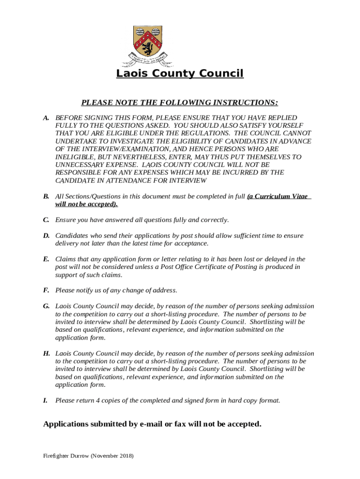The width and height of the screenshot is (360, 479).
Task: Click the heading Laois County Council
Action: pos(180,73)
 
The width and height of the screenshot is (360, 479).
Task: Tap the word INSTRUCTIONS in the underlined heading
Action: pos(243,102)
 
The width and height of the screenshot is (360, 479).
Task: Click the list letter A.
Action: pos(46,118)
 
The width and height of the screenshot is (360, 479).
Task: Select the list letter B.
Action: pos(46,196)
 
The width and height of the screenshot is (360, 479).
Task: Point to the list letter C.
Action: pos(46,220)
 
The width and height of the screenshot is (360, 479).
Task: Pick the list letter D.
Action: pos(46,236)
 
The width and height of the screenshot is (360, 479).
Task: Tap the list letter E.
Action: pos(46,259)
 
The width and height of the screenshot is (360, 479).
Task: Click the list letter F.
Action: pos(46,290)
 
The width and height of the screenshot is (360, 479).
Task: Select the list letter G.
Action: pos(46,306)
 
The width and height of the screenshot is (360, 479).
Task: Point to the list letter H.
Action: pos(46,354)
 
